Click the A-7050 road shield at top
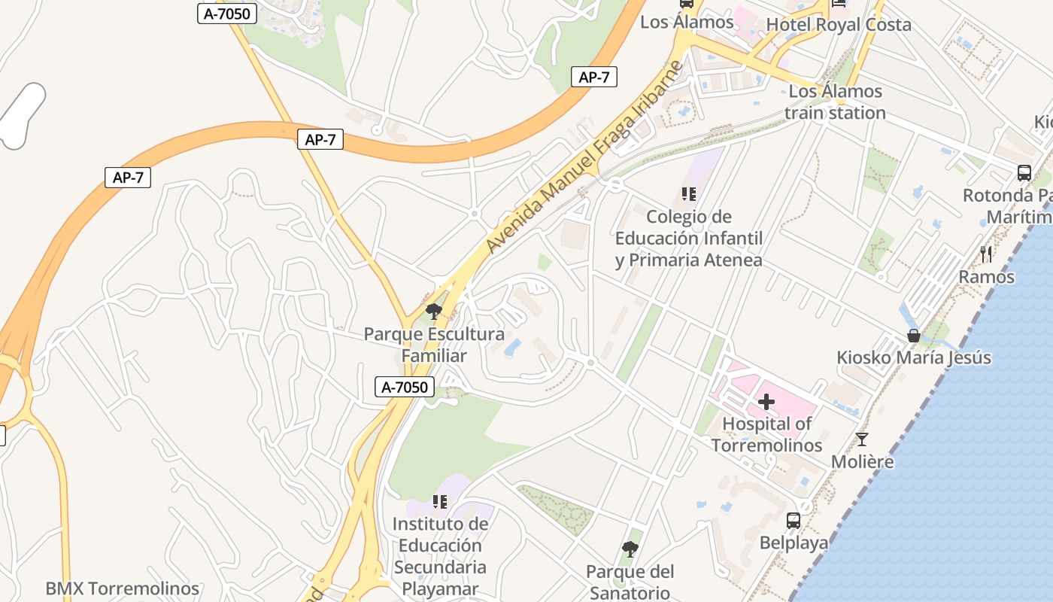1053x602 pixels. click(227, 13)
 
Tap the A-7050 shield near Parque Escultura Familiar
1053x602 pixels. click(405, 388)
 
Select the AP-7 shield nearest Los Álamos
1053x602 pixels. click(593, 76)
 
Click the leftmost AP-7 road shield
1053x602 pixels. click(128, 178)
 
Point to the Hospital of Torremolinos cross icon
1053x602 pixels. click(766, 402)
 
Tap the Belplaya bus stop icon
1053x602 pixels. click(793, 520)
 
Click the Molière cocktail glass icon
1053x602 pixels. click(862, 439)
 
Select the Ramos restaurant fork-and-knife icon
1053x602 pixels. click(986, 254)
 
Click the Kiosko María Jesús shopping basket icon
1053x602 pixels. click(914, 336)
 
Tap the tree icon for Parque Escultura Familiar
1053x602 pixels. click(433, 311)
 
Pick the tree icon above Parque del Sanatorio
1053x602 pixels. click(630, 549)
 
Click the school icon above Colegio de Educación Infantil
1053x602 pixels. click(688, 194)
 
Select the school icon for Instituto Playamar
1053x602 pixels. click(440, 501)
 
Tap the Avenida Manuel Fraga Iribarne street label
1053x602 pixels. click(584, 157)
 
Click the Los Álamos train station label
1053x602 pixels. click(835, 102)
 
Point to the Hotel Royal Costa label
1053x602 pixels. click(838, 25)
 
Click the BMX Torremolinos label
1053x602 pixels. click(122, 588)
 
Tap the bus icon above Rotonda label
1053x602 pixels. click(1024, 172)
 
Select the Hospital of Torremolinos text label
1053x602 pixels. click(766, 434)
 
